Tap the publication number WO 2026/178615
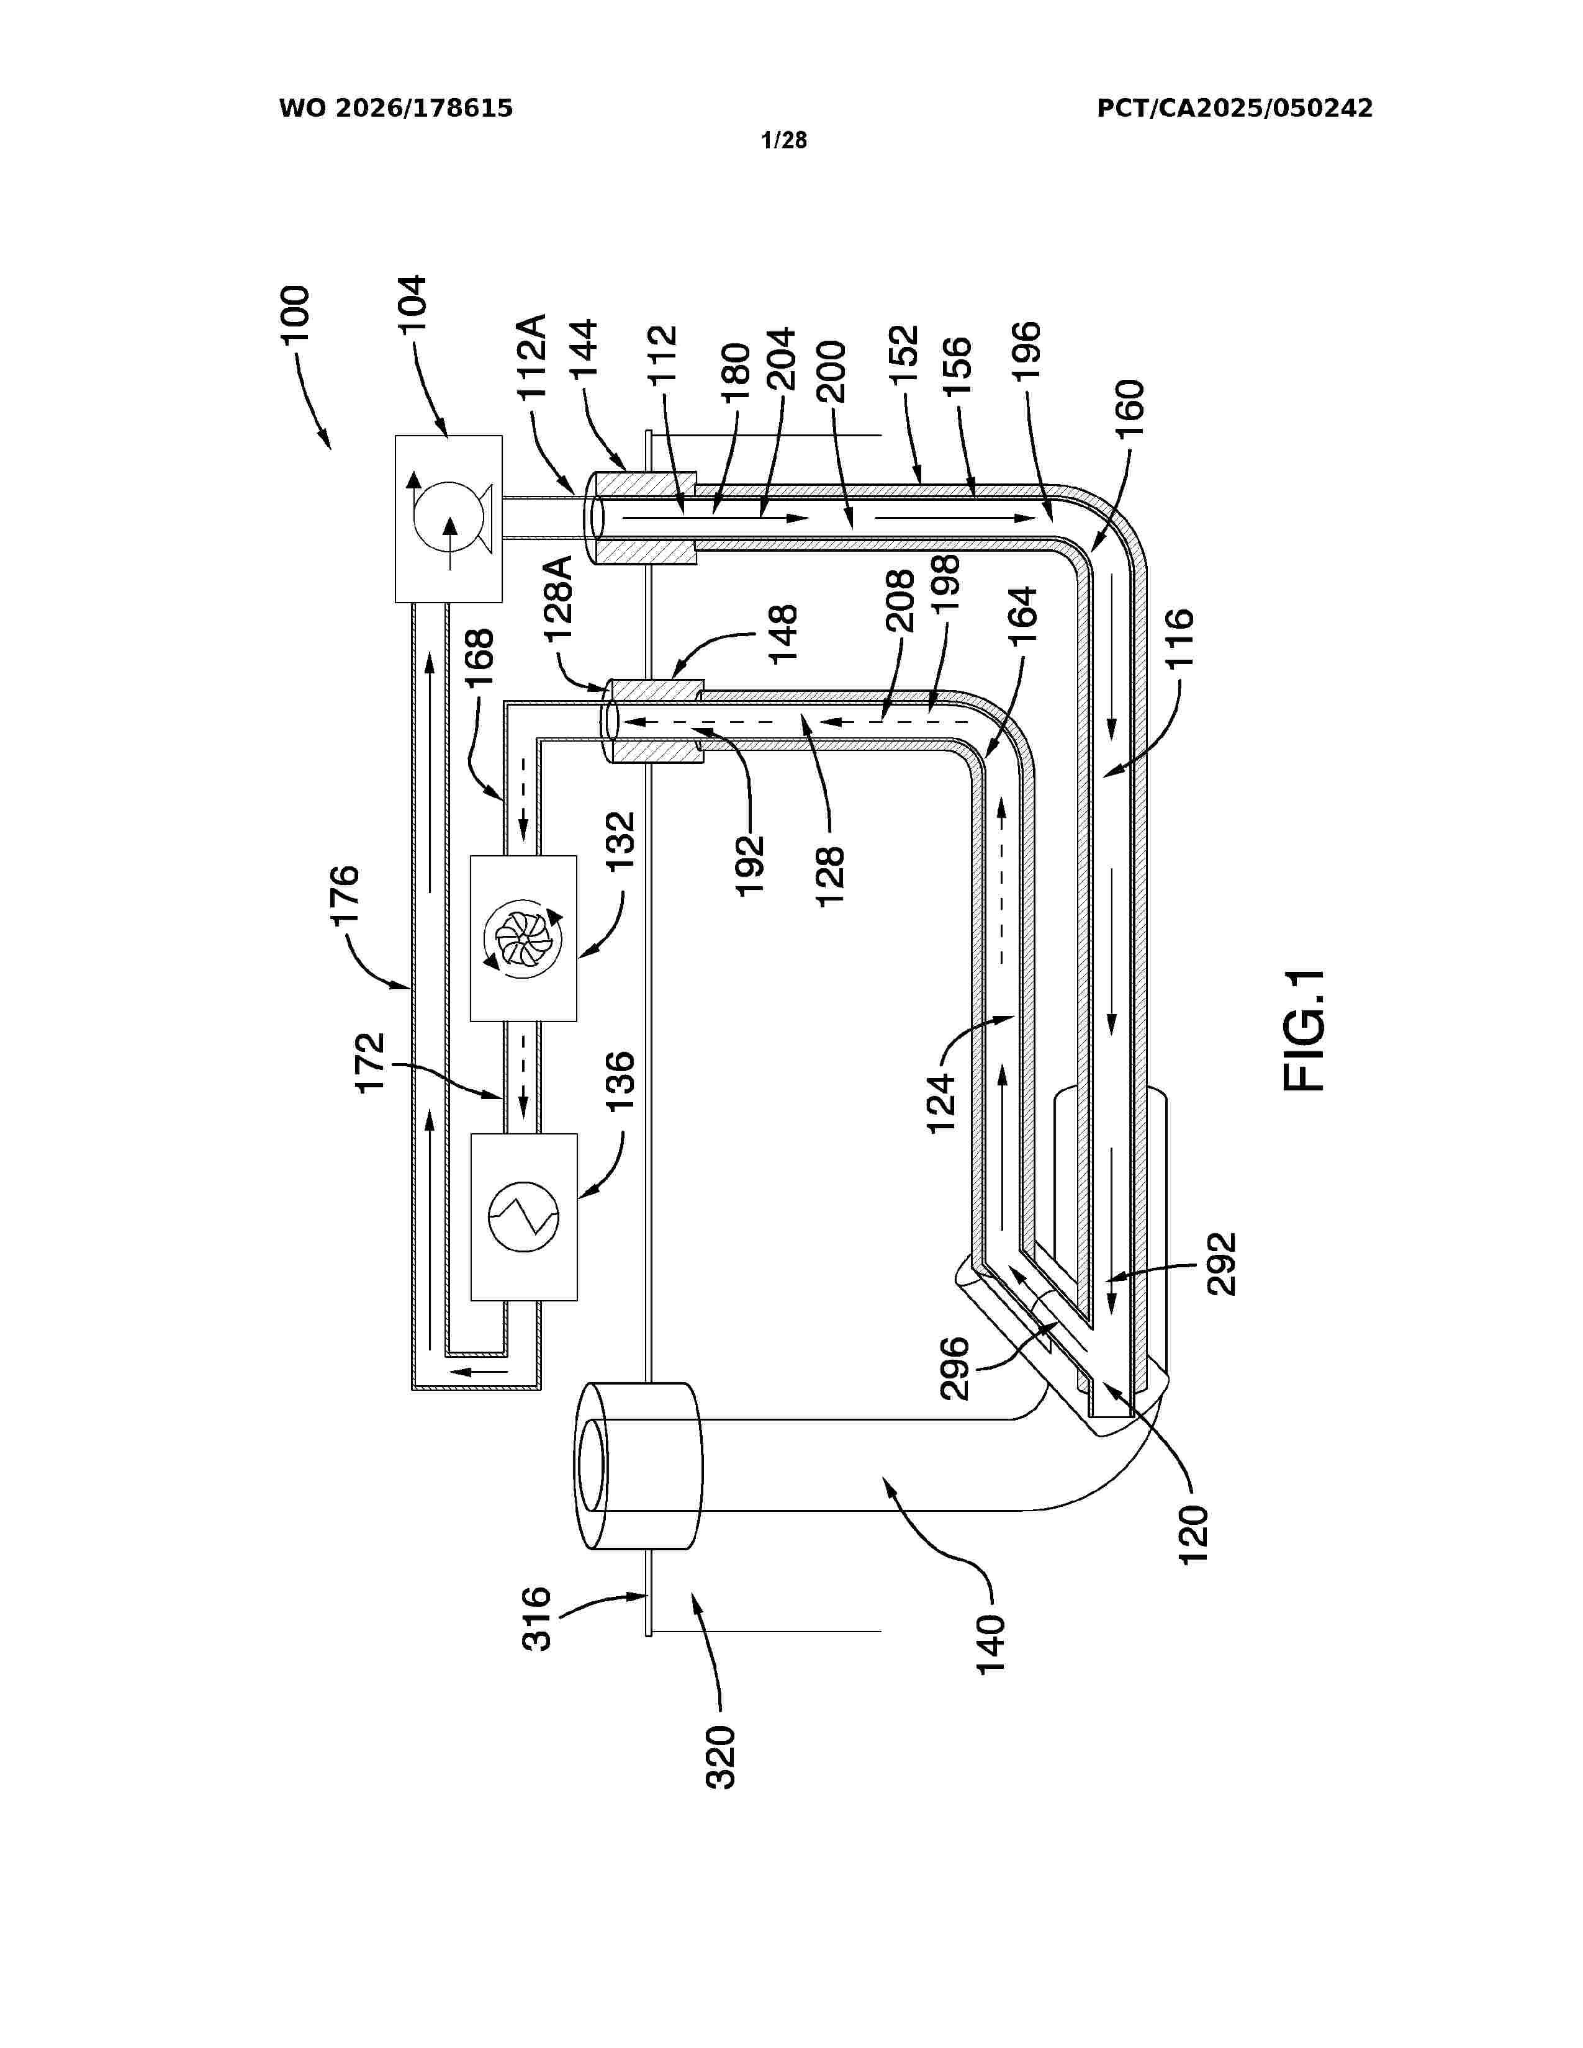396,109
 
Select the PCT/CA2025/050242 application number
1235,109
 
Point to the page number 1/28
784,141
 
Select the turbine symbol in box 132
522,938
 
